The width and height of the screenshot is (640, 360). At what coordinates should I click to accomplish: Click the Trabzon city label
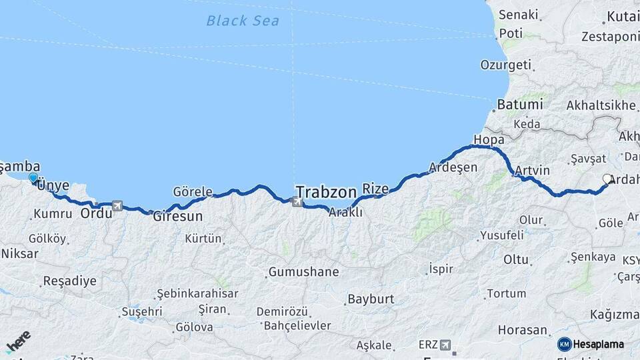326,192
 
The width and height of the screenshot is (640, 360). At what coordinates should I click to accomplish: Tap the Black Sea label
243,21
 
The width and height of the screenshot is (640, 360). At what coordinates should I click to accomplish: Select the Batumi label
520,105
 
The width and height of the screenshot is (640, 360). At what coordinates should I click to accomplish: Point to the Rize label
375,189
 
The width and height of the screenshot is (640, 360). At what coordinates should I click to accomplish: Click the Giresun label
177,217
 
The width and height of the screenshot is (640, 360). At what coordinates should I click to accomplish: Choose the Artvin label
532,171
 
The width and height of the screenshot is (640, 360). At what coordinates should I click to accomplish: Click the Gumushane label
303,272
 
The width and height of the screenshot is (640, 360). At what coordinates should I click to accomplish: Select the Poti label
511,33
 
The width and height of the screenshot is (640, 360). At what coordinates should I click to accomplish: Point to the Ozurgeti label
506,65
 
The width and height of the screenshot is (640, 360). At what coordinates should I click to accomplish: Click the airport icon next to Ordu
118,206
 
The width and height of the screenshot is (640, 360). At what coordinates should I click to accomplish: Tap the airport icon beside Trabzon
297,200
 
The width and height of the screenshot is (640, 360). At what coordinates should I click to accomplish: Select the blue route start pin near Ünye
33,177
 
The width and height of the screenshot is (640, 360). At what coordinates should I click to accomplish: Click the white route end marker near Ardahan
607,179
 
